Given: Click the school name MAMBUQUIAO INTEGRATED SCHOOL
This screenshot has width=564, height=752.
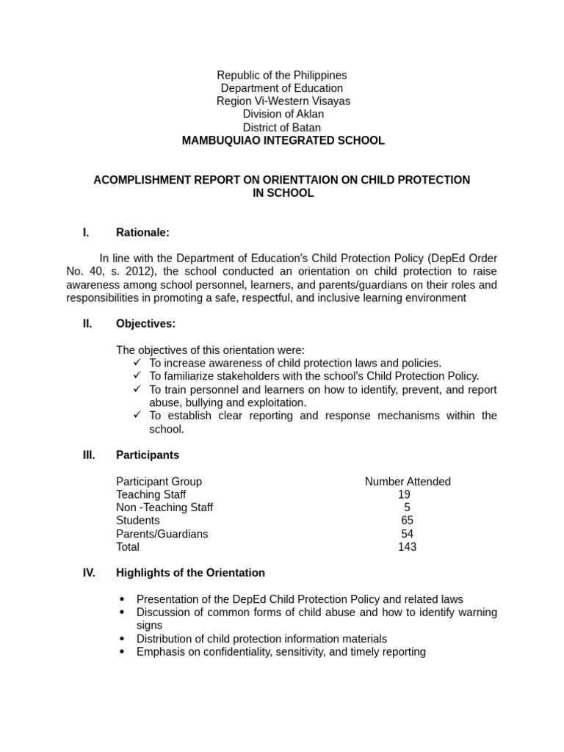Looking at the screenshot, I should (x=283, y=140).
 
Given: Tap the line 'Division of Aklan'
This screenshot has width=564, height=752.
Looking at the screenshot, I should (x=283, y=115).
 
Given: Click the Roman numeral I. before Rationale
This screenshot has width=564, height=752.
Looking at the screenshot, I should (x=86, y=233).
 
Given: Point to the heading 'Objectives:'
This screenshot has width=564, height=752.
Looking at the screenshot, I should (x=145, y=324).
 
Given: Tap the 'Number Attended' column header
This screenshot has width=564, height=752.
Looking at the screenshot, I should (x=408, y=482).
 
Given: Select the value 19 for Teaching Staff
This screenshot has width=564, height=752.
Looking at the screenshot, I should (x=404, y=495).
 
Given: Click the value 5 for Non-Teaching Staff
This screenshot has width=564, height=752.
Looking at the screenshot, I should (x=407, y=507).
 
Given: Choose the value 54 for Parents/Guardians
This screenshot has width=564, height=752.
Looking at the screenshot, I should (x=407, y=534).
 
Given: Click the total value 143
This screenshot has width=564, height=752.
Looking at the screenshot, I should (x=407, y=547).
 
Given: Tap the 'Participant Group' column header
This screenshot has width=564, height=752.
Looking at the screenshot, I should (x=159, y=482).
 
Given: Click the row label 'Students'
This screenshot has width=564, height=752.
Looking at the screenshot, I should (x=137, y=521).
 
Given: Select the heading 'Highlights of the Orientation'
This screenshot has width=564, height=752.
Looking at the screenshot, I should (x=190, y=573).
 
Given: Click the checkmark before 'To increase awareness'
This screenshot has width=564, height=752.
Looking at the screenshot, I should (x=137, y=363).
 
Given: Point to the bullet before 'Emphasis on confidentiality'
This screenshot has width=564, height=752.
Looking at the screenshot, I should (x=122, y=652).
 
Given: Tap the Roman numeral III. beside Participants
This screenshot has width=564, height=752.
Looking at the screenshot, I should (x=89, y=455).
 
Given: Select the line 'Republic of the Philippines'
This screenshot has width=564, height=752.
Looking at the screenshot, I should (x=282, y=76).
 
